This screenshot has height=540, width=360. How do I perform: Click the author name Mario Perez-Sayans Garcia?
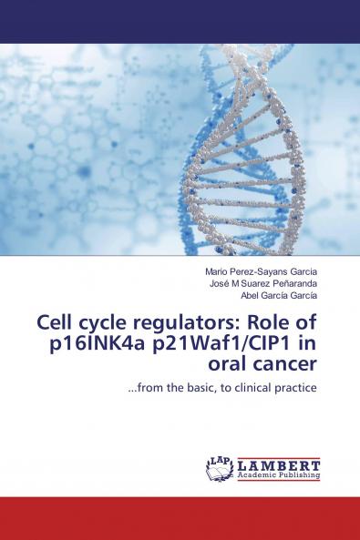(x=261, y=270)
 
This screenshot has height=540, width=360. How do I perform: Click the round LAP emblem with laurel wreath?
(x=220, y=468)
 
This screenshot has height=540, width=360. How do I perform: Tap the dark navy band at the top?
(x=180, y=21)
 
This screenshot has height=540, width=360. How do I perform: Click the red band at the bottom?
(x=180, y=518)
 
